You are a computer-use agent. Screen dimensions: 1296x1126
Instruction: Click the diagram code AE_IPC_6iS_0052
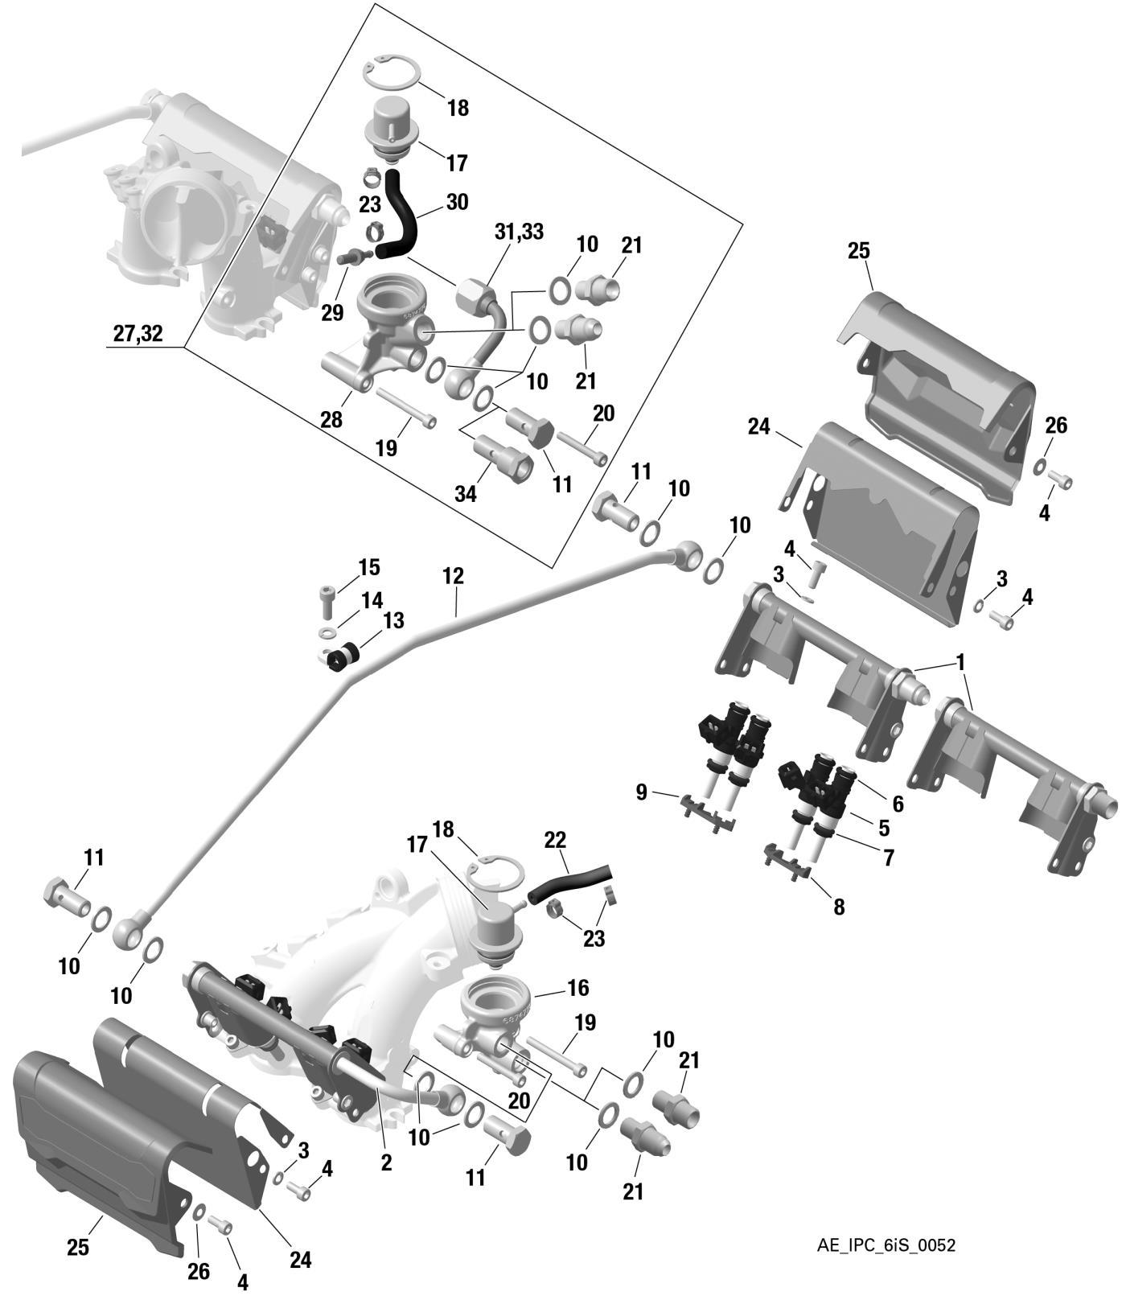click(x=886, y=1245)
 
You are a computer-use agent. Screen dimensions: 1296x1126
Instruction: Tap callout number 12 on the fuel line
click(x=453, y=576)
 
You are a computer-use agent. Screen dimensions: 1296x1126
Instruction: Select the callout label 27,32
click(x=138, y=334)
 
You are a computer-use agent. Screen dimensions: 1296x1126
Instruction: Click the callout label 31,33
click(x=520, y=232)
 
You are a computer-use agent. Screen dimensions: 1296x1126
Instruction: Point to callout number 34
click(x=466, y=493)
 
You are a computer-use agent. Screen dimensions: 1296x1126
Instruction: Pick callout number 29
click(x=332, y=312)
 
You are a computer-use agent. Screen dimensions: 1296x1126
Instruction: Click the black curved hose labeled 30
click(x=403, y=213)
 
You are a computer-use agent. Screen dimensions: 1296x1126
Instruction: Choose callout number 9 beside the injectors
click(x=641, y=792)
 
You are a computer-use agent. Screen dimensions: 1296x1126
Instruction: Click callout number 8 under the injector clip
click(x=839, y=907)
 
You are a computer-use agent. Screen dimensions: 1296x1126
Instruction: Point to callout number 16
click(x=601, y=987)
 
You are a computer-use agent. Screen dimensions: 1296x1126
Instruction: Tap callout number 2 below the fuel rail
click(x=386, y=1162)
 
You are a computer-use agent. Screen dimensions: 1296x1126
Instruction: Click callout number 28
click(x=331, y=419)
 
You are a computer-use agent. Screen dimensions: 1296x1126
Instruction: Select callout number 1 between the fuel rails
click(x=960, y=663)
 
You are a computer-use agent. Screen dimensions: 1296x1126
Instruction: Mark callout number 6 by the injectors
click(x=898, y=803)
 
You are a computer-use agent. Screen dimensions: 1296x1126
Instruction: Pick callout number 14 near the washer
click(x=372, y=600)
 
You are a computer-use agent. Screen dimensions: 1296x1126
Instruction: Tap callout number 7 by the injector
click(x=889, y=858)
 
